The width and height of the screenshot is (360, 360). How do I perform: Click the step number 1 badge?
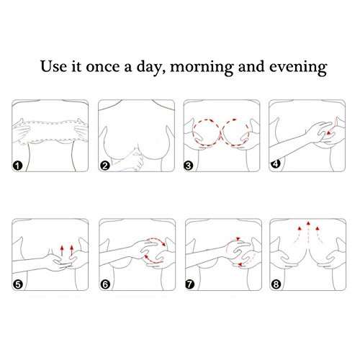pyautogui.click(x=17, y=166)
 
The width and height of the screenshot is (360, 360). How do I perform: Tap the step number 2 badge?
pyautogui.click(x=104, y=166)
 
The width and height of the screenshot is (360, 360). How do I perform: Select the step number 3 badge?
pyautogui.click(x=189, y=166)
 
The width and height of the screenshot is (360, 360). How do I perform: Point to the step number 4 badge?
pyautogui.click(x=276, y=163)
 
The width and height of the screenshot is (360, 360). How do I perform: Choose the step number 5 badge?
pyautogui.click(x=17, y=284)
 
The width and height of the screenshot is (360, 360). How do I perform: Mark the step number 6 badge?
pyautogui.click(x=105, y=284)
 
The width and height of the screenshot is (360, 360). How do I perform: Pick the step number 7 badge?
pyautogui.click(x=189, y=284)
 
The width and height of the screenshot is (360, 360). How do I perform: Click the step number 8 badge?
pyautogui.click(x=276, y=284)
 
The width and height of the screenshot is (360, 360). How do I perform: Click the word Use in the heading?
pyautogui.click(x=54, y=66)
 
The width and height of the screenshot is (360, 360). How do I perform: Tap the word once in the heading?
pyautogui.click(x=102, y=67)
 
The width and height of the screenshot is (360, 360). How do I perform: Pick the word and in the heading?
pyautogui.click(x=251, y=66)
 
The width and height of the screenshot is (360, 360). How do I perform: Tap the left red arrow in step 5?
pyautogui.click(x=62, y=250)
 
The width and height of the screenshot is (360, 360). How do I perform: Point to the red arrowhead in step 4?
pyautogui.click(x=328, y=132)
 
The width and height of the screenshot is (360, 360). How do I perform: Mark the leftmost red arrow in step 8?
pyautogui.click(x=297, y=235)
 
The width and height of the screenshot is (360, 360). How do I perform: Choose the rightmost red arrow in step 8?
pyautogui.click(x=319, y=235)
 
